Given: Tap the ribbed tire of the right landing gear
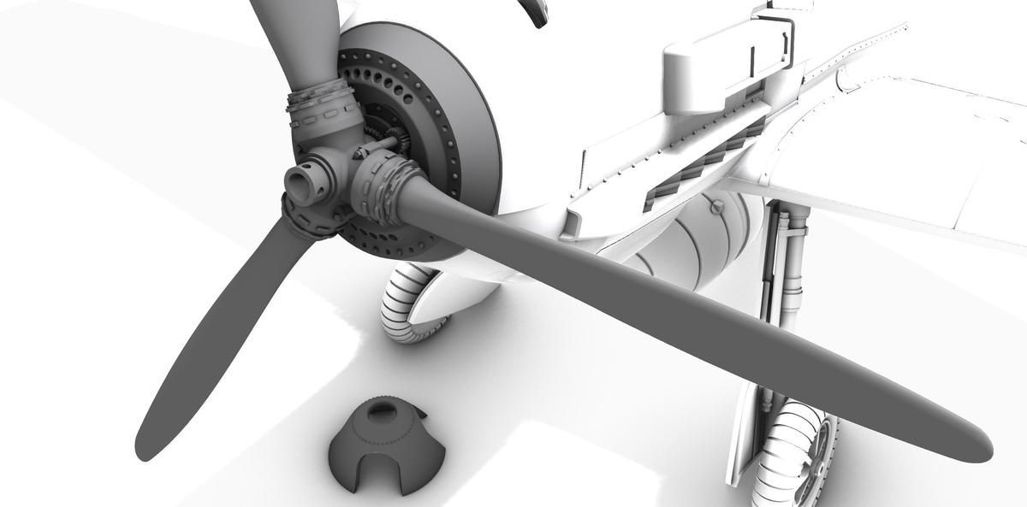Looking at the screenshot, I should [x=792, y=449].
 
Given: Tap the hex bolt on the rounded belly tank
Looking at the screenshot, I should [x=714, y=207].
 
